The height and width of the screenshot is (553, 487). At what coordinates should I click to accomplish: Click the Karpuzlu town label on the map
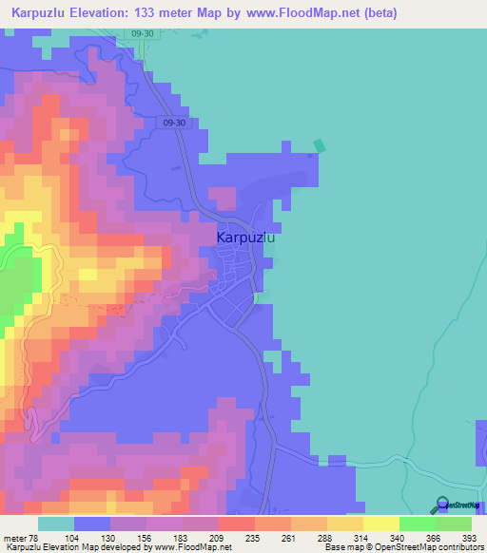click(246, 238)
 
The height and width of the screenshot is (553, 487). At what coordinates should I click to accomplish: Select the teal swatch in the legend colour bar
click(56, 524)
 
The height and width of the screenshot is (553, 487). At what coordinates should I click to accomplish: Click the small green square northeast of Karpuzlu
click(320, 146)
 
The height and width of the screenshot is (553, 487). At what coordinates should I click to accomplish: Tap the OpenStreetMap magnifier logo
click(443, 505)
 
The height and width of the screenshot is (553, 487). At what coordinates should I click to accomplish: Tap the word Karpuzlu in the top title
click(42, 13)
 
